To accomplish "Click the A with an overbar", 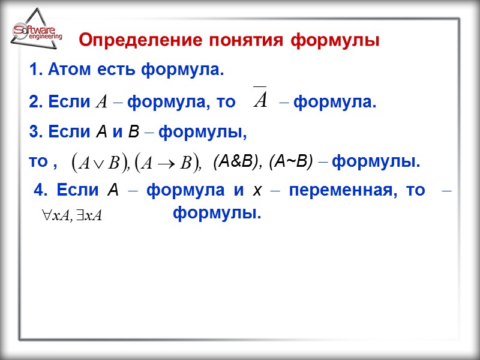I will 260,98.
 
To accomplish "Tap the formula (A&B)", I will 237,161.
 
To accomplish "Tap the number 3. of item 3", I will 34,131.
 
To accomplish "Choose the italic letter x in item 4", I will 257,191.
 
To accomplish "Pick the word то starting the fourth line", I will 38,162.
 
